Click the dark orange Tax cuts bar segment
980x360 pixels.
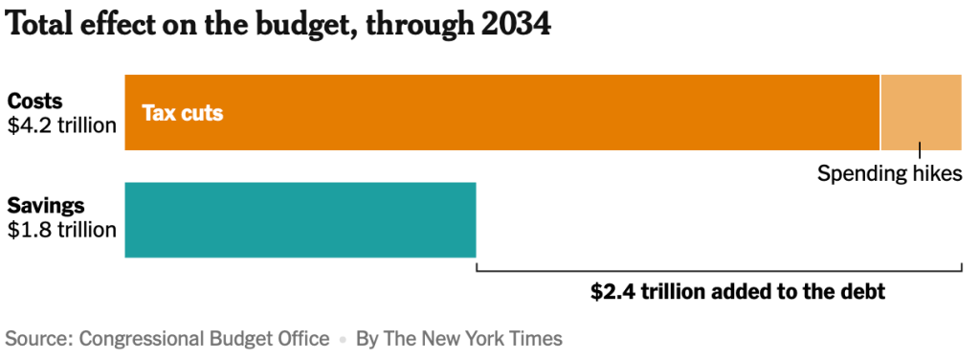501,113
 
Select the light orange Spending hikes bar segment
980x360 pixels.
922,113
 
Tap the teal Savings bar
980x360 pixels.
301,220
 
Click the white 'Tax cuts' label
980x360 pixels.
183,113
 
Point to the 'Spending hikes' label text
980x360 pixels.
889,173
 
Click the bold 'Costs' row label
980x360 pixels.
35,101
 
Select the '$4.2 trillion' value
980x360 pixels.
62,125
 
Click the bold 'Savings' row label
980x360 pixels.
46,206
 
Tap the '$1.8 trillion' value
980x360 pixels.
62,230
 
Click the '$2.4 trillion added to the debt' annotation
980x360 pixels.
738,292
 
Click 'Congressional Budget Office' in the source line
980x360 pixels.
205,339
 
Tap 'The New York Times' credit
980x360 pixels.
473,339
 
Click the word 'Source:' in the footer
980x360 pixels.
39,339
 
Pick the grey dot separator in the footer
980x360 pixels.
343,340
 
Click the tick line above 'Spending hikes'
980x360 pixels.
920,150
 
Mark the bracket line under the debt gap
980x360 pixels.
719,271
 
